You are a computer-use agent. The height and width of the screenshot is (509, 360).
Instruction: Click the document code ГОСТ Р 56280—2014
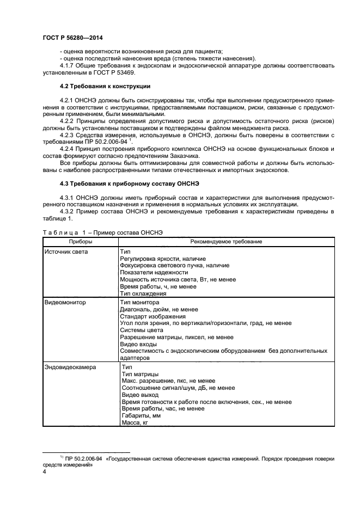[72, 38]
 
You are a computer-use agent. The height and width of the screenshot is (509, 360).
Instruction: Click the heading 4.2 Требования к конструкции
[105, 87]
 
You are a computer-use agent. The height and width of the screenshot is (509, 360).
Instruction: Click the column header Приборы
[81, 241]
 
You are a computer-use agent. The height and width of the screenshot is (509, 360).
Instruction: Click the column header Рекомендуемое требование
[226, 241]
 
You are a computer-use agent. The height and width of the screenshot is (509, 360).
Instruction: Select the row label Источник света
[66, 252]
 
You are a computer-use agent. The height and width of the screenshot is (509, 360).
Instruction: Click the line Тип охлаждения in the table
[143, 293]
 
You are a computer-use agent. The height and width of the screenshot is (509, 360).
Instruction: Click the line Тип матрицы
[140, 374]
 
